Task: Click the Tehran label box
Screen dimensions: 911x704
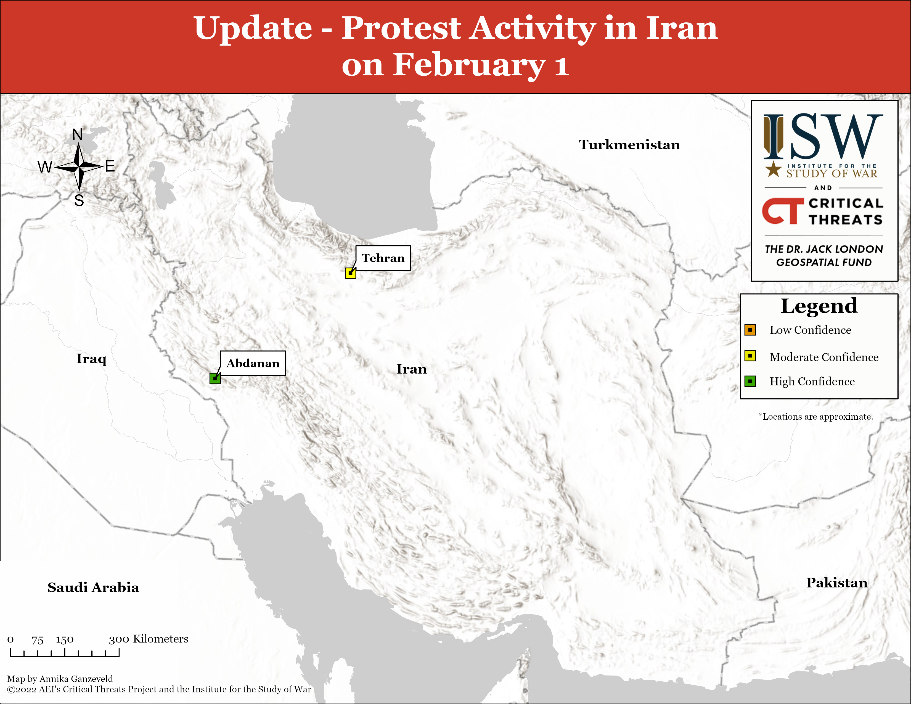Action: (383, 258)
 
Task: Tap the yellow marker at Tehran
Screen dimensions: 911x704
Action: (350, 273)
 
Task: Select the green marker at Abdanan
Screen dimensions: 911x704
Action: (215, 378)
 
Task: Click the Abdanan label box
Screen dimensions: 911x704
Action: (253, 363)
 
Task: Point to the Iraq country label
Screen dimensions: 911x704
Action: (91, 359)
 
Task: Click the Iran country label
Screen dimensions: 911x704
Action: (411, 369)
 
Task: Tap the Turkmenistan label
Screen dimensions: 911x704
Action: (629, 145)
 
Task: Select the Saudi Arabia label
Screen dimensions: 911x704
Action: (93, 587)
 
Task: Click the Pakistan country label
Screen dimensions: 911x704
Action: (837, 583)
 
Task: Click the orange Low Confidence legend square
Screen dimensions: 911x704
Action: (750, 330)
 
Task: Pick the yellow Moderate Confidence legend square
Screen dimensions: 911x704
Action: (750, 356)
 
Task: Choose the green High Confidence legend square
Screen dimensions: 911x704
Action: (750, 381)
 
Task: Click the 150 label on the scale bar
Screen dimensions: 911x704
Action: (65, 640)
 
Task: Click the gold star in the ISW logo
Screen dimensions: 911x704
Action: (773, 169)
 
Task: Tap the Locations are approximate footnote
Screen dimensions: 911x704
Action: (815, 417)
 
